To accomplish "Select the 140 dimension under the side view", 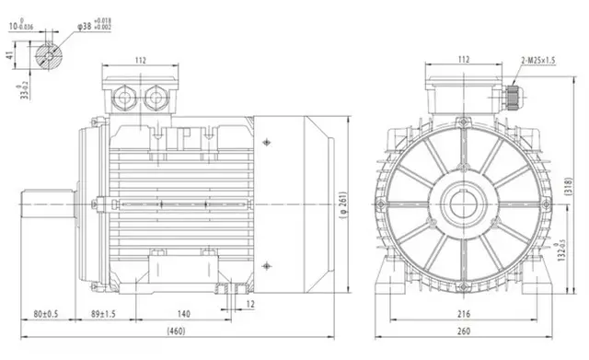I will [184, 313].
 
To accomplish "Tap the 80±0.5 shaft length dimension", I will [46, 313].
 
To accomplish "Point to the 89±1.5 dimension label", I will [103, 313].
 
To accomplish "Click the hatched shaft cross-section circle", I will [47, 55].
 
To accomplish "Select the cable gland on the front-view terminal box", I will [512, 96].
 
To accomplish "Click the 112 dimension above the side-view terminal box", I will [140, 61].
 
